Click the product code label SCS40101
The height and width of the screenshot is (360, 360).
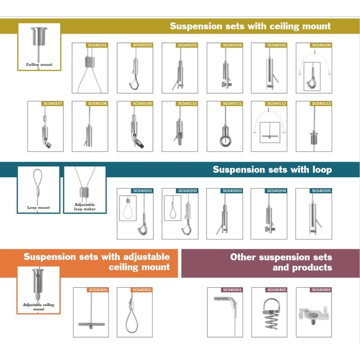point(97,45)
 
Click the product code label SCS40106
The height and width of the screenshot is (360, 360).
point(321,45)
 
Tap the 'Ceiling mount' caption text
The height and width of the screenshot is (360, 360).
point(39,65)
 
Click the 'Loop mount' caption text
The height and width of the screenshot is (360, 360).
point(39,207)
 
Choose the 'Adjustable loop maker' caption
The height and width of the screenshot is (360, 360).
point(85,207)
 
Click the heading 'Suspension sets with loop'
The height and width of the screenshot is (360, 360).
point(272,170)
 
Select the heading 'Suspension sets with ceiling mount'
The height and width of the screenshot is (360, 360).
point(250,26)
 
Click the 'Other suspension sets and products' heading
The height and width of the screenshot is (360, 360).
point(281,262)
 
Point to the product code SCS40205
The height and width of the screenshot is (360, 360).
point(321,191)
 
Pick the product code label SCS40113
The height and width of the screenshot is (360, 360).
point(321,103)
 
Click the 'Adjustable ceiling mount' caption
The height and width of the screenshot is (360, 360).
point(39,307)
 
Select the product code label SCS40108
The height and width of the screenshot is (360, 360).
point(97,103)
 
